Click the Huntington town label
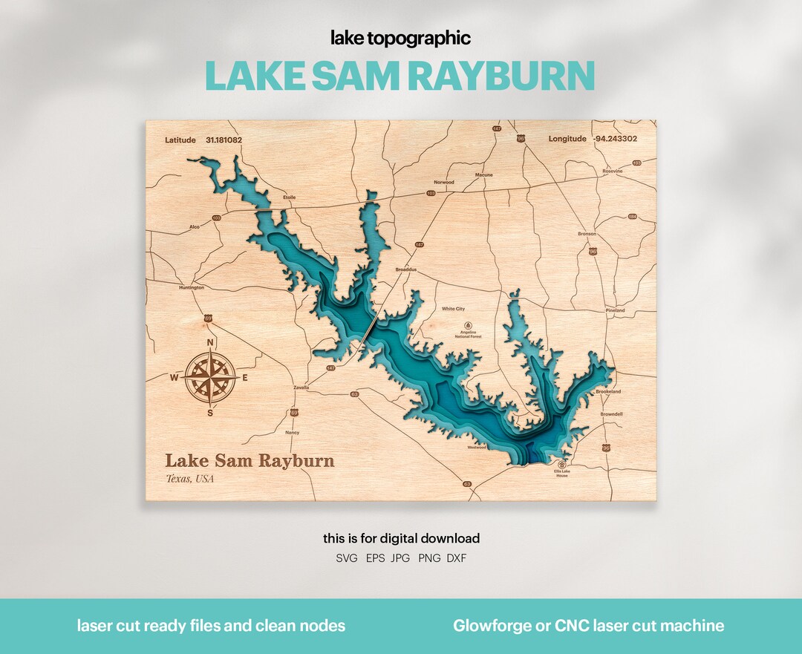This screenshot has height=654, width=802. tap(192, 287)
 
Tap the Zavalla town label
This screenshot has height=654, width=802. tap(301, 387)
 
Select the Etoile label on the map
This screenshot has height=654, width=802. tap(289, 197)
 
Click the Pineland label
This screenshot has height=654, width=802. tap(615, 310)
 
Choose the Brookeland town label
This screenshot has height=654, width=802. tap(607, 391)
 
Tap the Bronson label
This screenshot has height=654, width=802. tap(587, 234)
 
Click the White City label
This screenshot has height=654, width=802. tap(453, 309)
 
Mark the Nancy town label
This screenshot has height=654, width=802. tap(292, 432)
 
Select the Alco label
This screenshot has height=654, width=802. tap(195, 227)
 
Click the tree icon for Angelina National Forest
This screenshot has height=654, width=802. tap(468, 325)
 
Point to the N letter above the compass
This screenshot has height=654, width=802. tap(210, 342)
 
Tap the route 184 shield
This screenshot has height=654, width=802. tap(633, 217)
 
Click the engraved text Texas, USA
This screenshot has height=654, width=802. tap(189, 479)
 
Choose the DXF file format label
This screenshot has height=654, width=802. tap(457, 557)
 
